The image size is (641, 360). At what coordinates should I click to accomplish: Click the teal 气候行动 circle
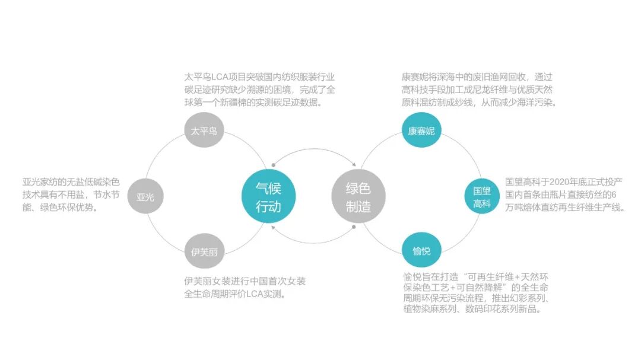[x=268, y=196]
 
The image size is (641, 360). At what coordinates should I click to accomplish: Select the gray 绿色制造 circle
[x=358, y=196]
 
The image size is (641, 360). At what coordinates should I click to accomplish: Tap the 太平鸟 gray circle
[x=204, y=131]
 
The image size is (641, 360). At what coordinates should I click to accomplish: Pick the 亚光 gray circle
[x=145, y=196]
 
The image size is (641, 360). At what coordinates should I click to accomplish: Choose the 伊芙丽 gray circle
[x=204, y=251]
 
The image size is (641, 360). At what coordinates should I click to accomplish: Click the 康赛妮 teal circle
[x=421, y=130]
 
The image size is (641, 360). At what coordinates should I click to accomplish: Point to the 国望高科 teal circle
[x=481, y=197]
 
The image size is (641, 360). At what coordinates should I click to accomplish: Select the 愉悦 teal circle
[x=421, y=251]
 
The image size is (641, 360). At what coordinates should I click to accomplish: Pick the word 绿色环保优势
[x=68, y=208]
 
